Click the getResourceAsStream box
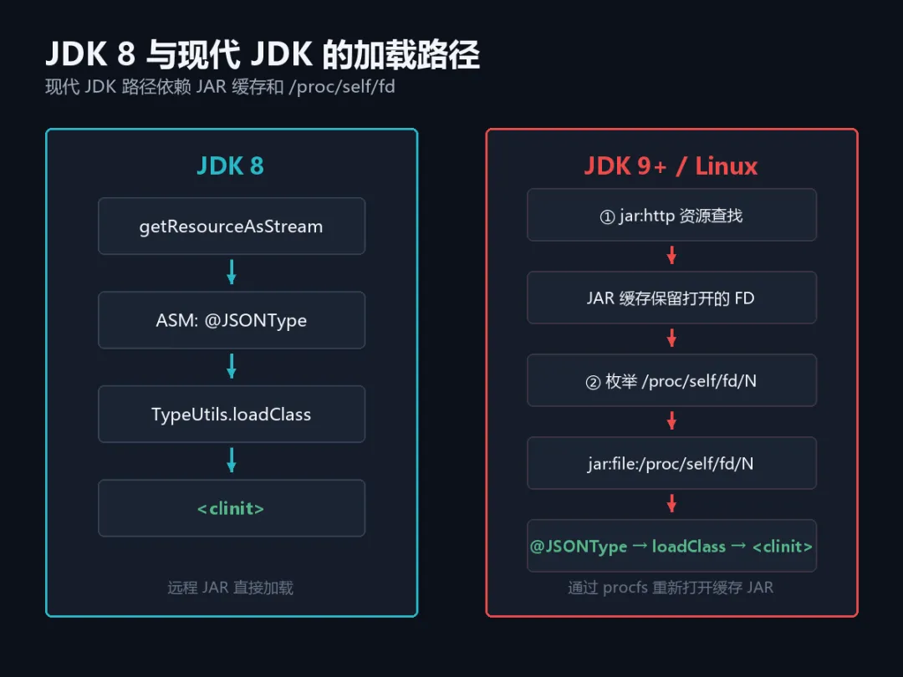232,227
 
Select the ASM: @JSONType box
232,320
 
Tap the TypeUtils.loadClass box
232,414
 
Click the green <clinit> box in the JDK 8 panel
232,508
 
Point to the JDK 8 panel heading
231,165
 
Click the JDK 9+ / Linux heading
671,165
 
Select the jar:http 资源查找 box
671,215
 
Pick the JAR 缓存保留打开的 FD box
671,298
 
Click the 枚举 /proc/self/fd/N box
671,380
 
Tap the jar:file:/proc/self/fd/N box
671,463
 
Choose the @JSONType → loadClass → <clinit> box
671,546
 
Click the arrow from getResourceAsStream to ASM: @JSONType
232,272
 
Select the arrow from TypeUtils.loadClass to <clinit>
232,460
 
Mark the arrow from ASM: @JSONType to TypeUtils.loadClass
232,366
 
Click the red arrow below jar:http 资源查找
671,255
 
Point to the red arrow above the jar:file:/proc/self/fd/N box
671,420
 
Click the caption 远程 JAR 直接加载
231,588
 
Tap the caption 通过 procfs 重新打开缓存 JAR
671,588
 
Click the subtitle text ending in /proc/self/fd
220,87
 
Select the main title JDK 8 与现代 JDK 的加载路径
263,54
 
